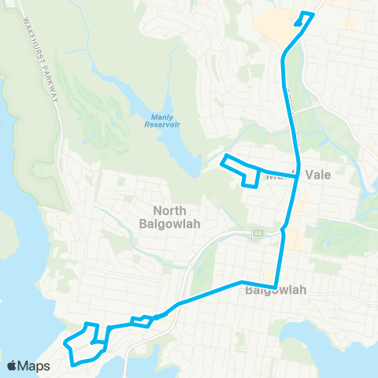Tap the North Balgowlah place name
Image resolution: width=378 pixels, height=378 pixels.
tap(176, 217)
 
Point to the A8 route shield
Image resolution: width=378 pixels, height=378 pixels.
tap(257, 232)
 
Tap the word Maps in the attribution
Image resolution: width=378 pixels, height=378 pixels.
tap(35, 366)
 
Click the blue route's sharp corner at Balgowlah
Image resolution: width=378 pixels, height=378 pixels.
tap(275, 287)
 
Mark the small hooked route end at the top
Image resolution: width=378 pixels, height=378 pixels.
tap(304, 17)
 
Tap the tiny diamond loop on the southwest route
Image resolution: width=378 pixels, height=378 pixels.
tap(143, 320)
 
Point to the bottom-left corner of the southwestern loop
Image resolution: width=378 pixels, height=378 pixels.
tap(73, 363)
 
